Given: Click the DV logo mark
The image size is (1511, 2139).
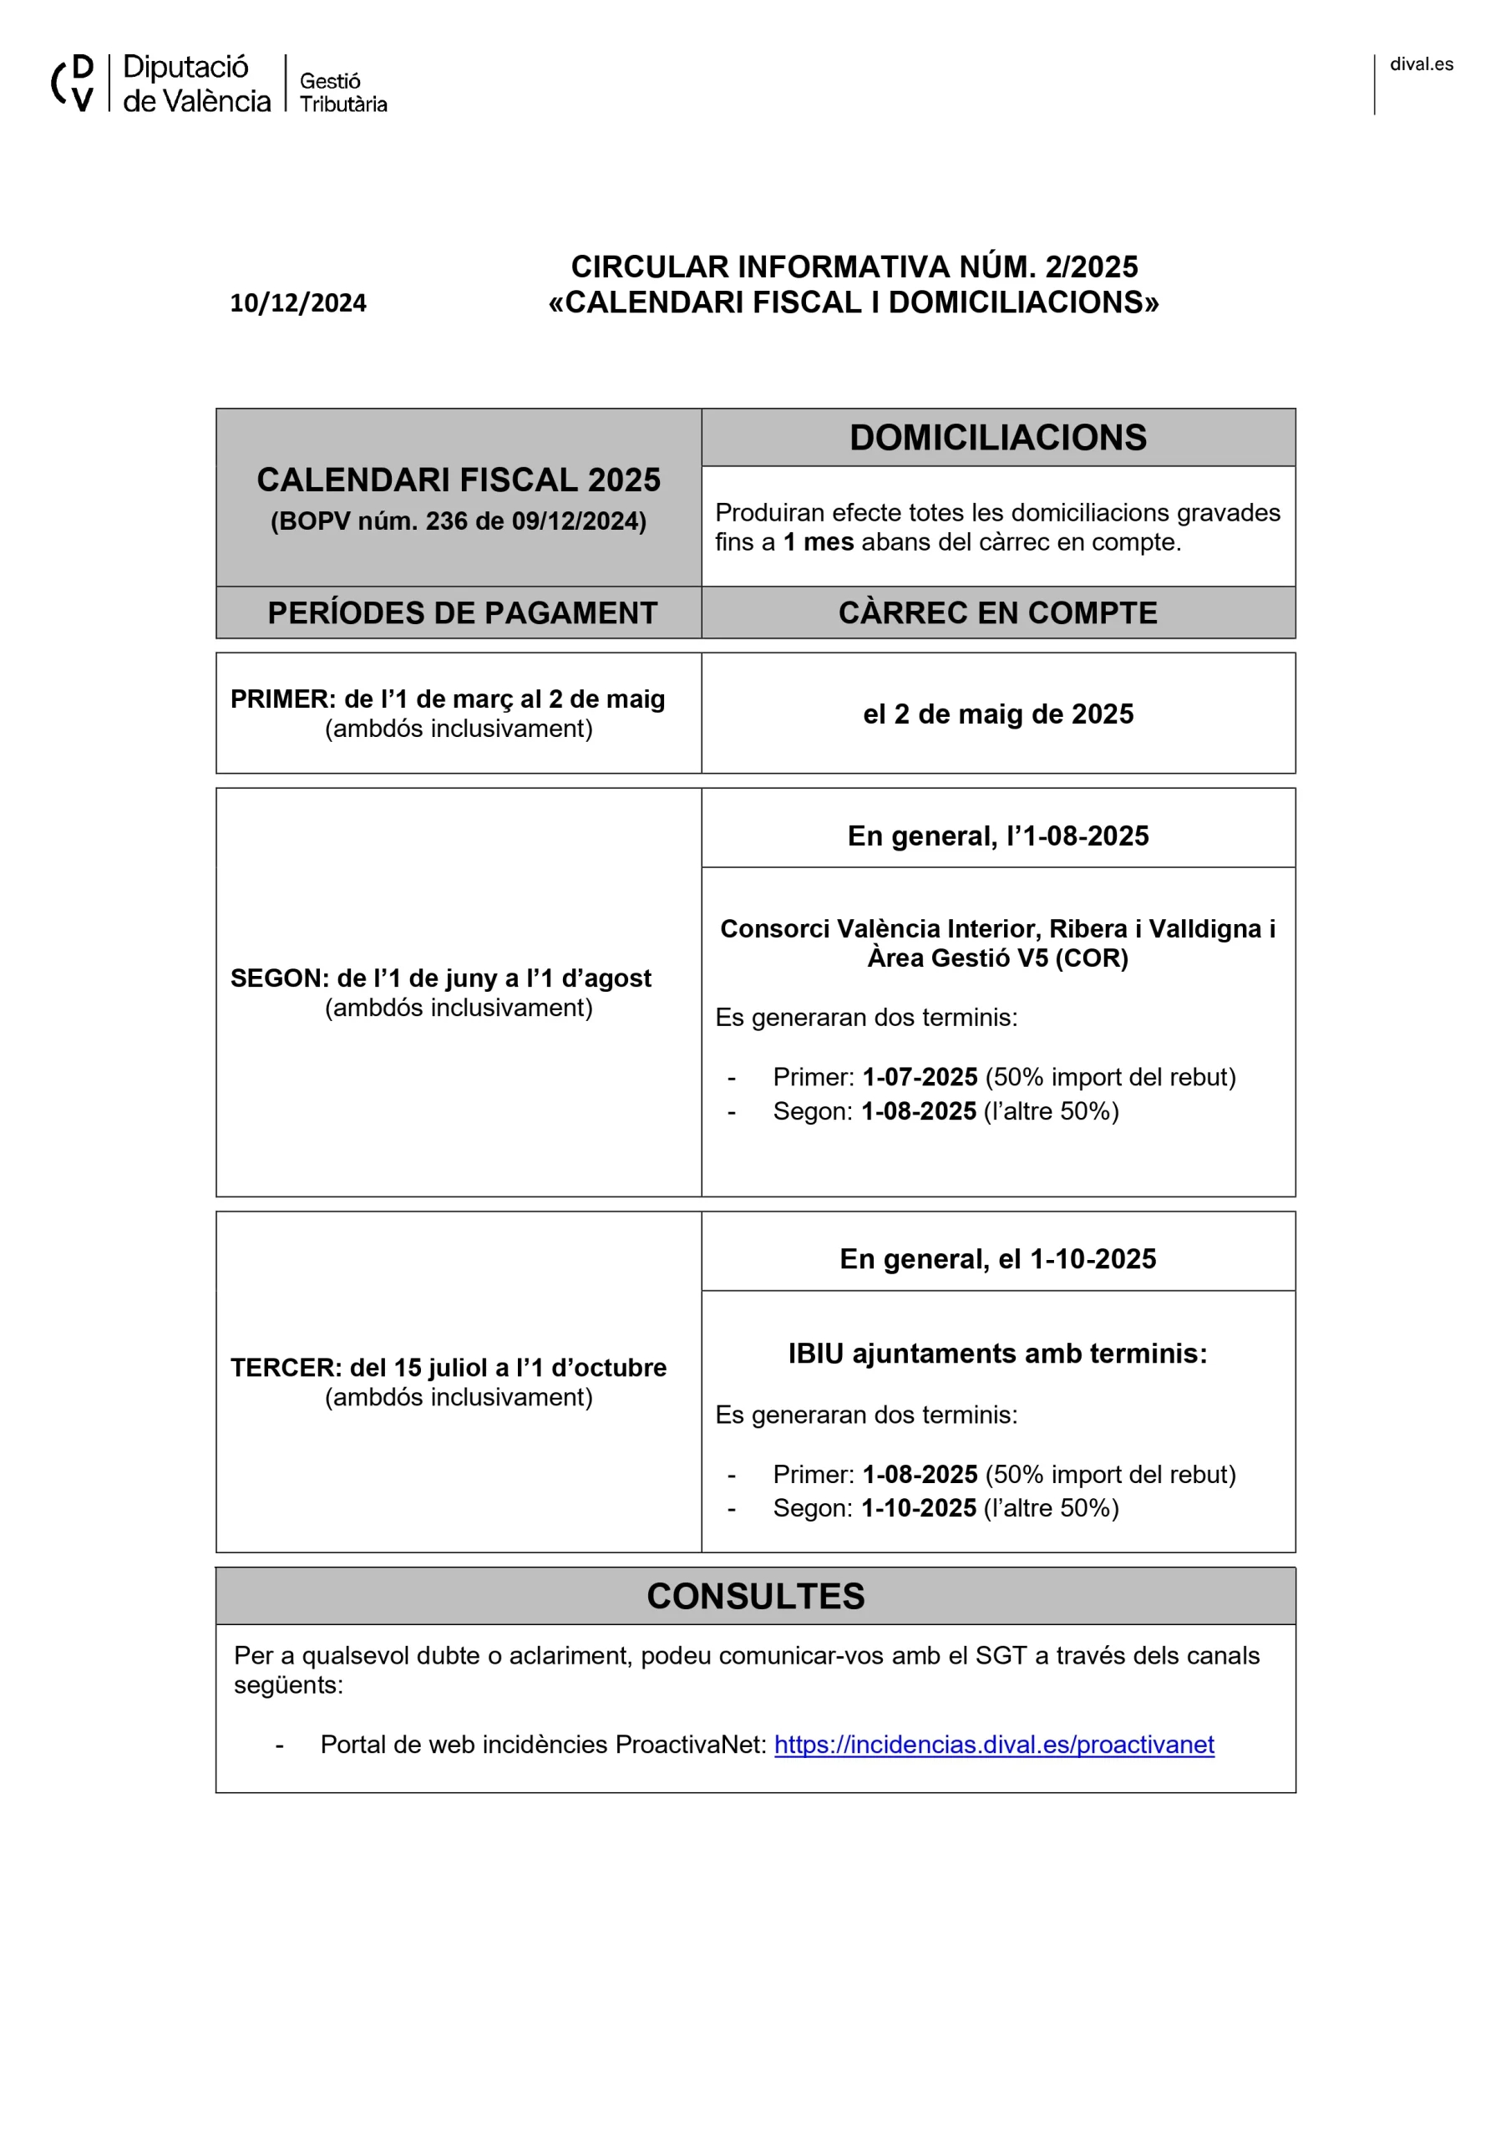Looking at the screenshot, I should (73, 83).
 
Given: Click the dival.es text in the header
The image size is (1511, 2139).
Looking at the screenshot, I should (1421, 64).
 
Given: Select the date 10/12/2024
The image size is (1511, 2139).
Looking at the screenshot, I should (298, 302).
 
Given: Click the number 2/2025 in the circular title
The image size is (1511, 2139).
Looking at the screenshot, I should (1091, 267).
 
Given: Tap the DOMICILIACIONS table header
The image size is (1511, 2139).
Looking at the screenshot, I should (996, 438).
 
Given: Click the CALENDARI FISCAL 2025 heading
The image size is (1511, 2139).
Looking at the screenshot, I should (459, 480).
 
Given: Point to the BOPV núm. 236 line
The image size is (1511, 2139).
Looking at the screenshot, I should (459, 521).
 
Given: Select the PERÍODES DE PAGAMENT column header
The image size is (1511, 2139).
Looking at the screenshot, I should (462, 613).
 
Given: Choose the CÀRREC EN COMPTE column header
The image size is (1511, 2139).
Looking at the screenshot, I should (996, 613).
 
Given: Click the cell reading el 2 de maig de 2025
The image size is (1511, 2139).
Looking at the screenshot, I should (997, 714).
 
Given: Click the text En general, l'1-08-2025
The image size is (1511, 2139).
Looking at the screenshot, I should (997, 836).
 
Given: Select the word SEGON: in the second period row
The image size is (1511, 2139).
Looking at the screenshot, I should (280, 978).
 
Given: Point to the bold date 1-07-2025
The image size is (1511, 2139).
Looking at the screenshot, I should (920, 1077).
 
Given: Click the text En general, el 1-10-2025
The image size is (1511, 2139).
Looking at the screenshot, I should (997, 1258).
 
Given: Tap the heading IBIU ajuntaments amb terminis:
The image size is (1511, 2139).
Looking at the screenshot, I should (997, 1353).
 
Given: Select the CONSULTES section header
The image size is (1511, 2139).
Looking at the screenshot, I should (755, 1596).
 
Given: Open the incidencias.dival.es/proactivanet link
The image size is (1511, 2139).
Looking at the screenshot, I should (994, 1744).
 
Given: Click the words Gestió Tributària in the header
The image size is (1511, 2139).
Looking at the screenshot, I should (342, 92).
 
